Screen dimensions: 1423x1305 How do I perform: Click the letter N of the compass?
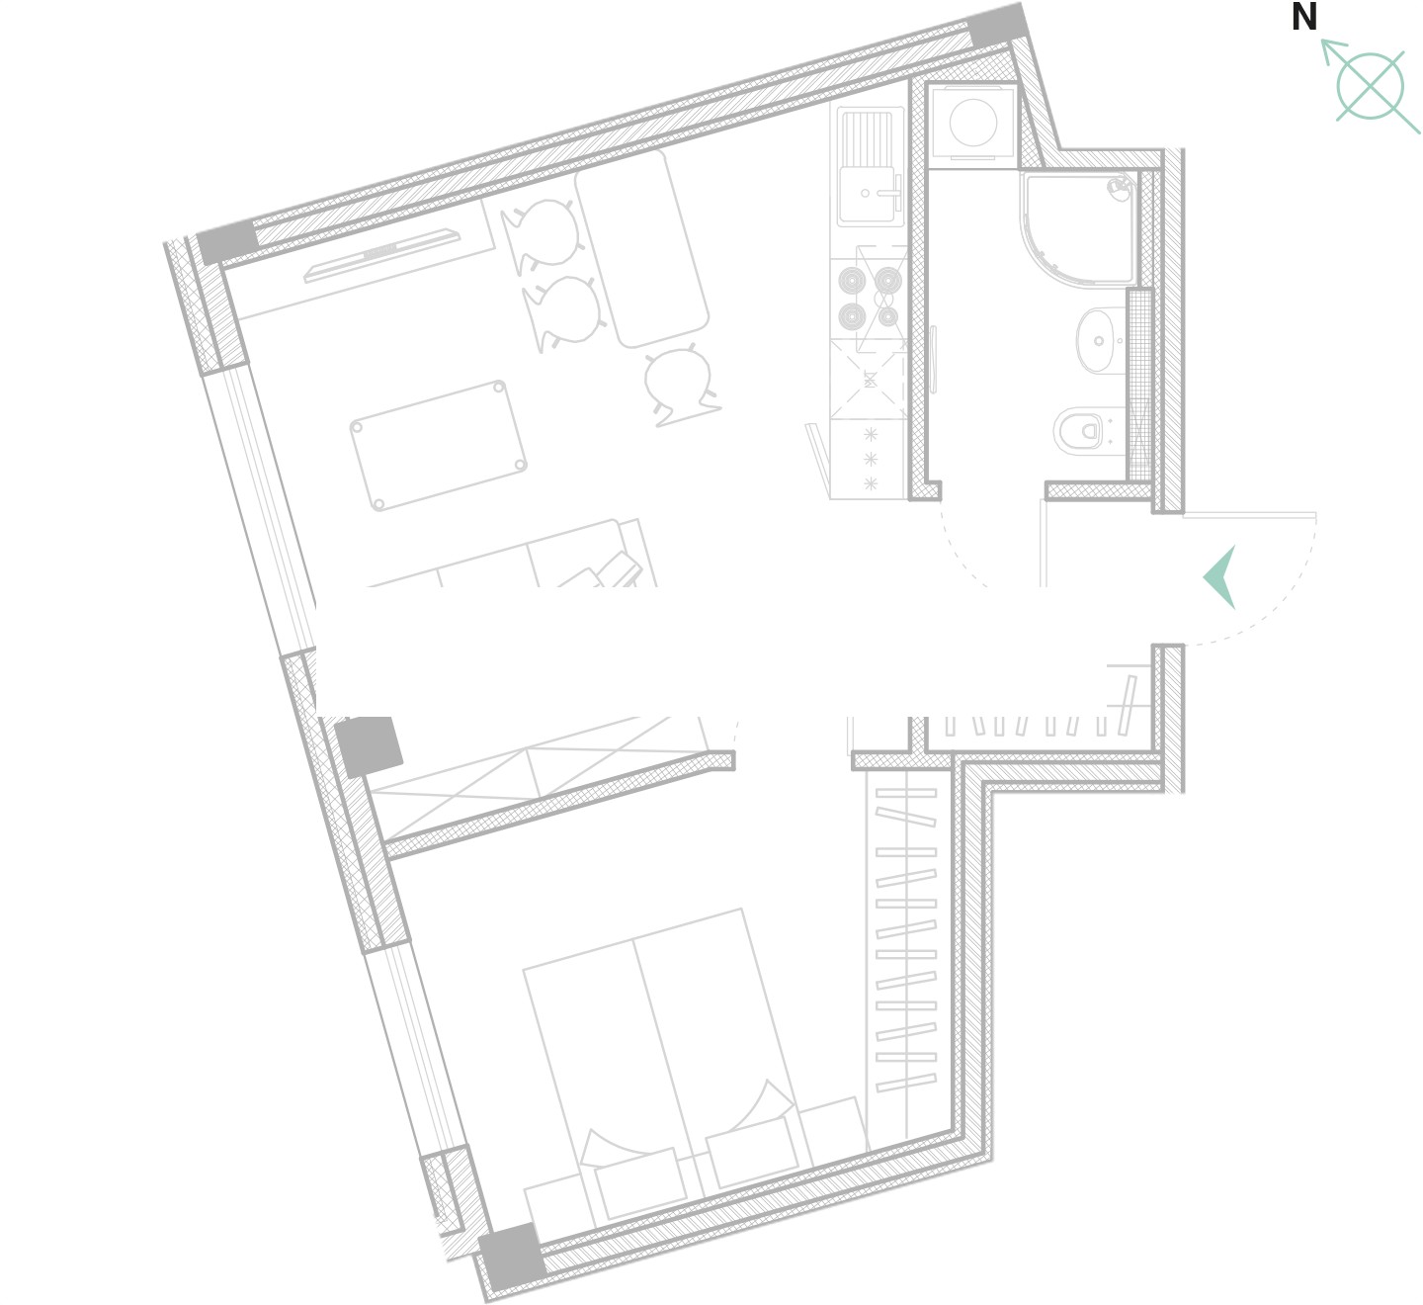[1303, 17]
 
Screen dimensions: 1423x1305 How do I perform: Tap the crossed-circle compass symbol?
[1370, 86]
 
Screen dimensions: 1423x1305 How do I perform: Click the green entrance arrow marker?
[1220, 576]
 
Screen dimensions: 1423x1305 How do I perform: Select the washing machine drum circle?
[973, 123]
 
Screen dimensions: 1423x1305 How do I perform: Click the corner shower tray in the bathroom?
[1078, 228]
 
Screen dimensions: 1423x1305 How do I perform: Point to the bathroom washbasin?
[1101, 340]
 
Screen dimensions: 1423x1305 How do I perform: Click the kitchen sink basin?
[867, 193]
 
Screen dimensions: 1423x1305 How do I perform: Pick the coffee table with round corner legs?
[439, 446]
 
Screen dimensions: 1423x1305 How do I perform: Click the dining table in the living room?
[642, 248]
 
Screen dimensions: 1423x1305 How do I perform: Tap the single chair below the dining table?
[679, 386]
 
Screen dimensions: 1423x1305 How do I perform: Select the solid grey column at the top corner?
[998, 25]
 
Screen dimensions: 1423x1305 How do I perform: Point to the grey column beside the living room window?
[369, 745]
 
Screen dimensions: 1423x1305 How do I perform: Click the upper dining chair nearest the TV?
[544, 234]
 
